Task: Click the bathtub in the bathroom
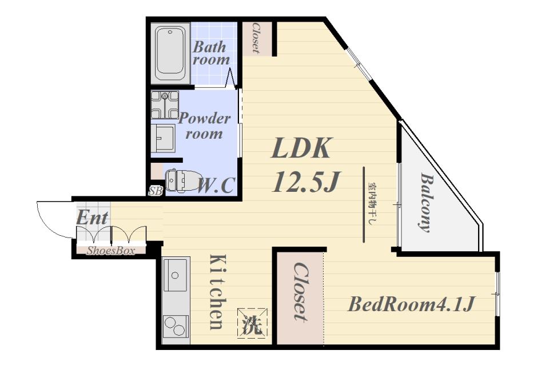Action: tap(170, 53)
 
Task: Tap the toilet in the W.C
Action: tap(182, 180)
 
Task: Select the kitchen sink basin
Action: tap(175, 275)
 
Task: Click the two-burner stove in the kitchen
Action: tap(176, 327)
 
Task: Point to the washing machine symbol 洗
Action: tap(252, 323)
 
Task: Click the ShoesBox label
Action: tap(111, 251)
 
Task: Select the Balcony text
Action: tap(425, 202)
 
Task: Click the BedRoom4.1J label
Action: tap(411, 304)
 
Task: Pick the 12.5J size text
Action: tap(306, 182)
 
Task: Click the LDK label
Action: tap(301, 148)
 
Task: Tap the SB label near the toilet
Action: tap(156, 191)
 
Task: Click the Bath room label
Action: tap(211, 53)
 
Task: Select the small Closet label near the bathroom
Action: tap(256, 38)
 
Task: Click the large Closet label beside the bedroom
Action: tap(300, 292)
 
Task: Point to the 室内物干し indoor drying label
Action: tap(371, 204)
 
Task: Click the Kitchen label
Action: tap(217, 292)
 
